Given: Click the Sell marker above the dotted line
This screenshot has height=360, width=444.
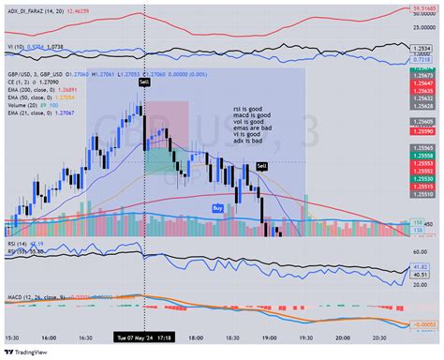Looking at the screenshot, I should [144, 83].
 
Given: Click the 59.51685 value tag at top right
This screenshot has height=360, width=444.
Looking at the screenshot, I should [423, 8].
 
